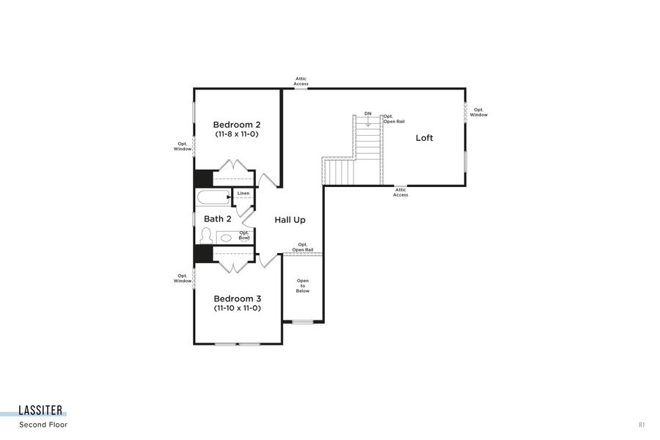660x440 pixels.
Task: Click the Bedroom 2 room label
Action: (237, 125)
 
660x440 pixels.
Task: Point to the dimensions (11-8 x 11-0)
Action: (237, 135)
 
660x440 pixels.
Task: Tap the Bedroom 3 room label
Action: (237, 298)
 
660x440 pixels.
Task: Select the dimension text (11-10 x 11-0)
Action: (237, 309)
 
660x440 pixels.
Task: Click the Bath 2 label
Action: (217, 219)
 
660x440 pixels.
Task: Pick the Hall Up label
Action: (290, 220)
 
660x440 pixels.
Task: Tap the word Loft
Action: (424, 138)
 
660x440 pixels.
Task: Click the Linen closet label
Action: (243, 194)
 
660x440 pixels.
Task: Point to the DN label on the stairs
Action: (367, 114)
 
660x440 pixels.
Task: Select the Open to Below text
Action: (303, 286)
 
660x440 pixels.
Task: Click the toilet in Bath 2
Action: (206, 236)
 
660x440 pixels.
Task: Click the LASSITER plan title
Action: (41, 411)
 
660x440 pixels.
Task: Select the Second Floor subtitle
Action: (44, 425)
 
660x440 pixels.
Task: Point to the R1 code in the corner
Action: (642, 425)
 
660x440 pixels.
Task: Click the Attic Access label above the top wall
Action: (301, 81)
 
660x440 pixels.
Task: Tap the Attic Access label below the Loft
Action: (400, 193)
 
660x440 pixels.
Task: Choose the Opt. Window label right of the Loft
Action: (478, 112)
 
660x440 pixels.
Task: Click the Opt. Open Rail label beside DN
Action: (393, 119)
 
